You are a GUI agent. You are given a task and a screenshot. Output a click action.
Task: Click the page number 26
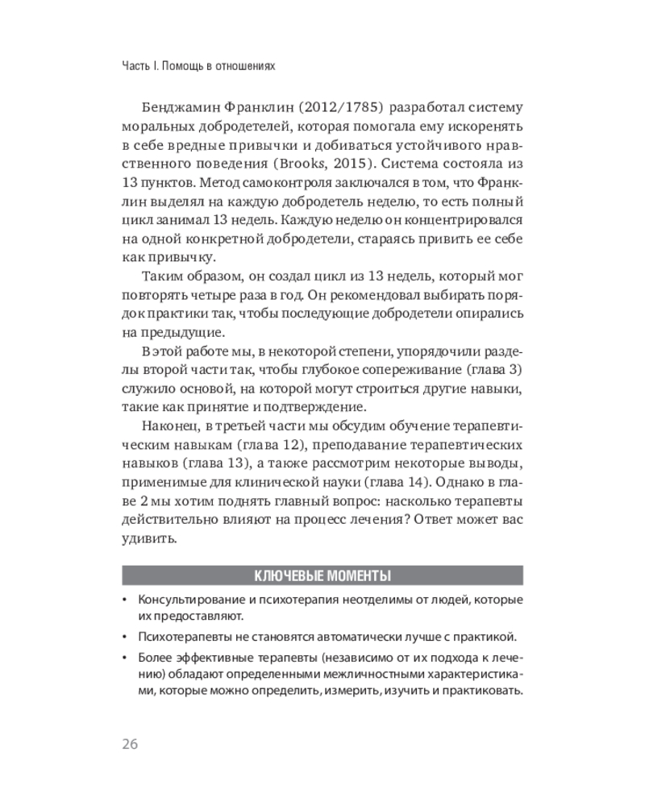(130, 743)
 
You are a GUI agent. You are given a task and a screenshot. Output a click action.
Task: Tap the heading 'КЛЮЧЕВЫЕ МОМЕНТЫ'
(322, 575)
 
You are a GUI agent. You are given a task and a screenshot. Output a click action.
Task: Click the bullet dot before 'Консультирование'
(124, 601)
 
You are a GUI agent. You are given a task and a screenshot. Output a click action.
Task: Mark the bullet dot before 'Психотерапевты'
(124, 636)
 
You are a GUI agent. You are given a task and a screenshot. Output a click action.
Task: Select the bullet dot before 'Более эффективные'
(124, 657)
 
